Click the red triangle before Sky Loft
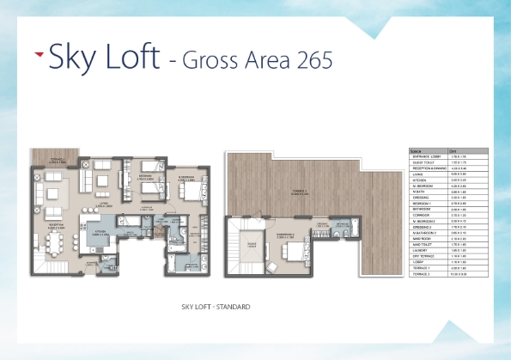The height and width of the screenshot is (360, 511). (39, 54)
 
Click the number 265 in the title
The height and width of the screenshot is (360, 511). (313, 62)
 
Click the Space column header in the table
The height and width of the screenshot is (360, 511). (415, 149)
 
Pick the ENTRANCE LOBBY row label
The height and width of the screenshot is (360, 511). (423, 156)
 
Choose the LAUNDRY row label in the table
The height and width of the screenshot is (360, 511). (420, 250)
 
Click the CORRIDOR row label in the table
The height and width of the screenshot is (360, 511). (421, 215)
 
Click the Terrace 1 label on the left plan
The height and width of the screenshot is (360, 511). (53, 159)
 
